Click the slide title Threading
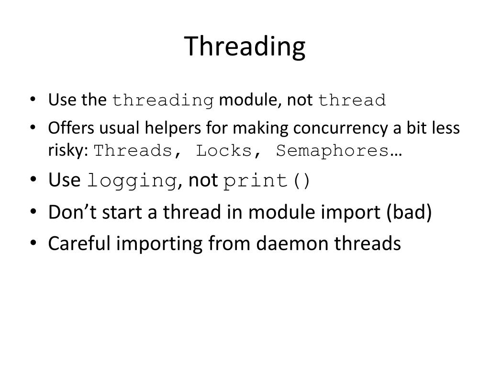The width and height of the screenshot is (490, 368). (x=245, y=46)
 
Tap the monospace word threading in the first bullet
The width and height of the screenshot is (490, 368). (x=163, y=101)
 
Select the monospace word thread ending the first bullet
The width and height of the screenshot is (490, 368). (x=352, y=101)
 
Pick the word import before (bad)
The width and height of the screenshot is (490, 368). (x=353, y=212)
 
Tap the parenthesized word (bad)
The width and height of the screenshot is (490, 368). (x=410, y=212)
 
